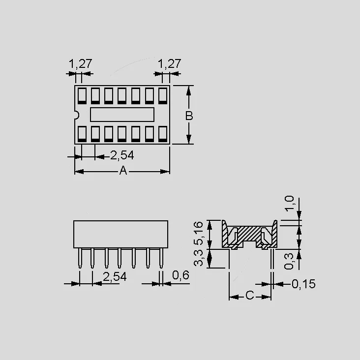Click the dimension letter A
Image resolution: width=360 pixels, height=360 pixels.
pos(123,171)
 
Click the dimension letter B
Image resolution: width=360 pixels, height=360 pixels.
pos(189,116)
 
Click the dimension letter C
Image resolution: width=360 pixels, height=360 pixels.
pos(250,295)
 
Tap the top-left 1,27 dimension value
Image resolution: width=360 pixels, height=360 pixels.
pos(80,63)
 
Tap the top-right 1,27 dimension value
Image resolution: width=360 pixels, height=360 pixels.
pos(170,63)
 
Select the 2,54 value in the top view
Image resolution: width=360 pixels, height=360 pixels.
pos(122,155)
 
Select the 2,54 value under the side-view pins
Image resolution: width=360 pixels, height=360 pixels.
pos(115,277)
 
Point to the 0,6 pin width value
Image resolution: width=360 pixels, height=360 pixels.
pos(180,275)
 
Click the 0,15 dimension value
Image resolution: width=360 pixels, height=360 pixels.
pos(303,284)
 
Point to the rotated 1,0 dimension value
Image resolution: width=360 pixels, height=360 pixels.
pos(289,204)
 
